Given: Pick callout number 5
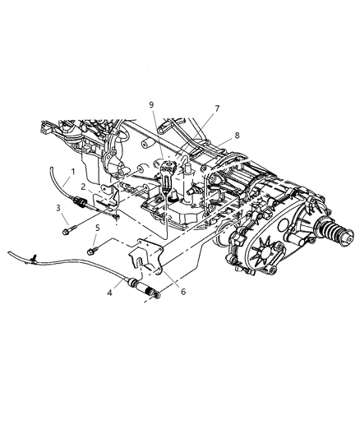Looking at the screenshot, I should pyautogui.click(x=96, y=228).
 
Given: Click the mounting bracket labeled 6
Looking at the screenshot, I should pyautogui.click(x=148, y=255).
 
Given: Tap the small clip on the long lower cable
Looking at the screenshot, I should pyautogui.click(x=30, y=260).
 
